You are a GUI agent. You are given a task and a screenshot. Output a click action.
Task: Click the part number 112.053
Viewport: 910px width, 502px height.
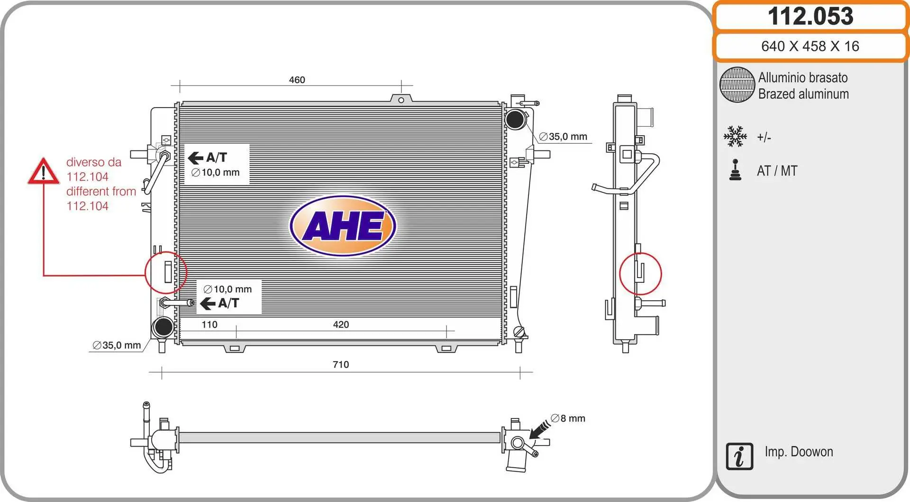pos(810,16)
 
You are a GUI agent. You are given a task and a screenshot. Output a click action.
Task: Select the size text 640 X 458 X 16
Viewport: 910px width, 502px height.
pos(810,46)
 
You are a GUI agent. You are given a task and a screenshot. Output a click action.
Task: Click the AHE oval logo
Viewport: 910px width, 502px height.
pos(343,226)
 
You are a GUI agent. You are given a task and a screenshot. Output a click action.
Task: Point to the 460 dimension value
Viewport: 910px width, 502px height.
pos(297,80)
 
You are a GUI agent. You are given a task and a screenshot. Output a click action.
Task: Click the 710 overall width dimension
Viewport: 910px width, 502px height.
pos(341,364)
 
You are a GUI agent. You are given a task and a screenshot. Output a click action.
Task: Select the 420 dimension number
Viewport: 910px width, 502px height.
pos(341,325)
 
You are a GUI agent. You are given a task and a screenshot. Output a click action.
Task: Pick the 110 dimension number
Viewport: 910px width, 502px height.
pos(209,325)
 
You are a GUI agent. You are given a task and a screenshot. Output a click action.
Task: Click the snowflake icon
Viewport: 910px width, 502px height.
pos(735,137)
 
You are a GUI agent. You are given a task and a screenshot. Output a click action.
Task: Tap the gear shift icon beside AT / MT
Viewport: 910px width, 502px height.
pos(736,170)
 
